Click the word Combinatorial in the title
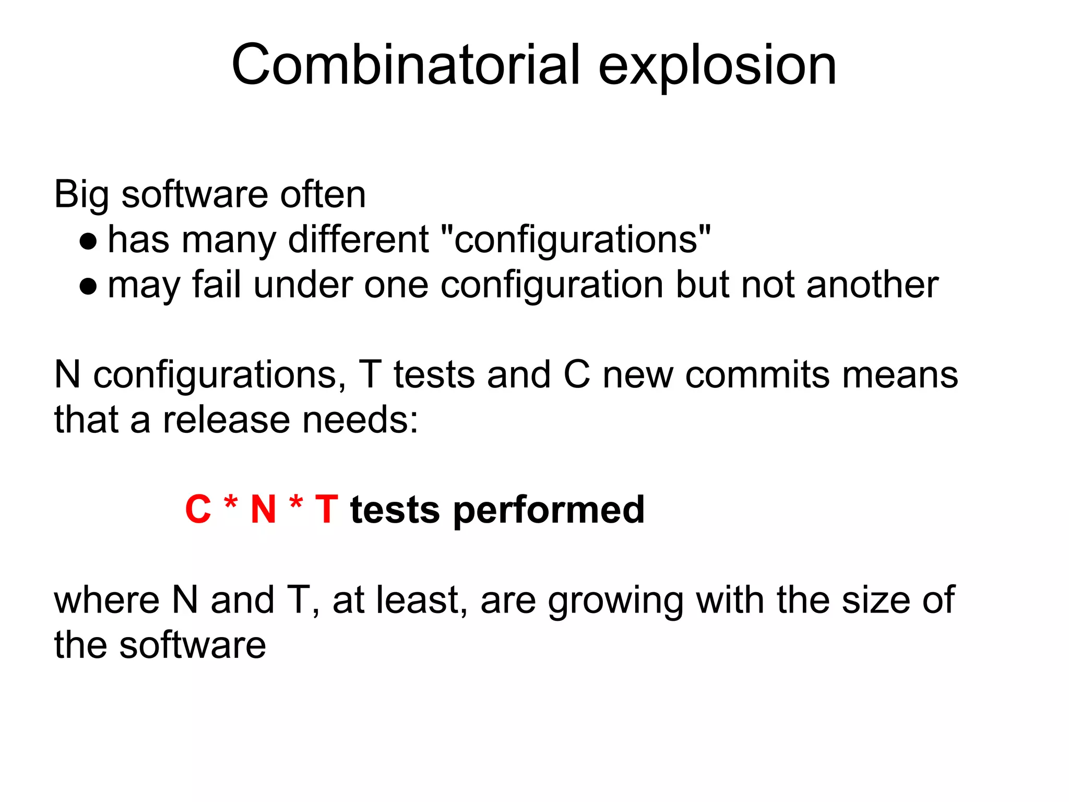tap(406, 65)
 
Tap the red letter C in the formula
tap(198, 510)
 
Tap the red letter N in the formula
tap(263, 510)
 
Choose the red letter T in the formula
tap(327, 510)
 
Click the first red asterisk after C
tap(231, 503)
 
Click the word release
tap(226, 420)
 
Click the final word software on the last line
tap(193, 645)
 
